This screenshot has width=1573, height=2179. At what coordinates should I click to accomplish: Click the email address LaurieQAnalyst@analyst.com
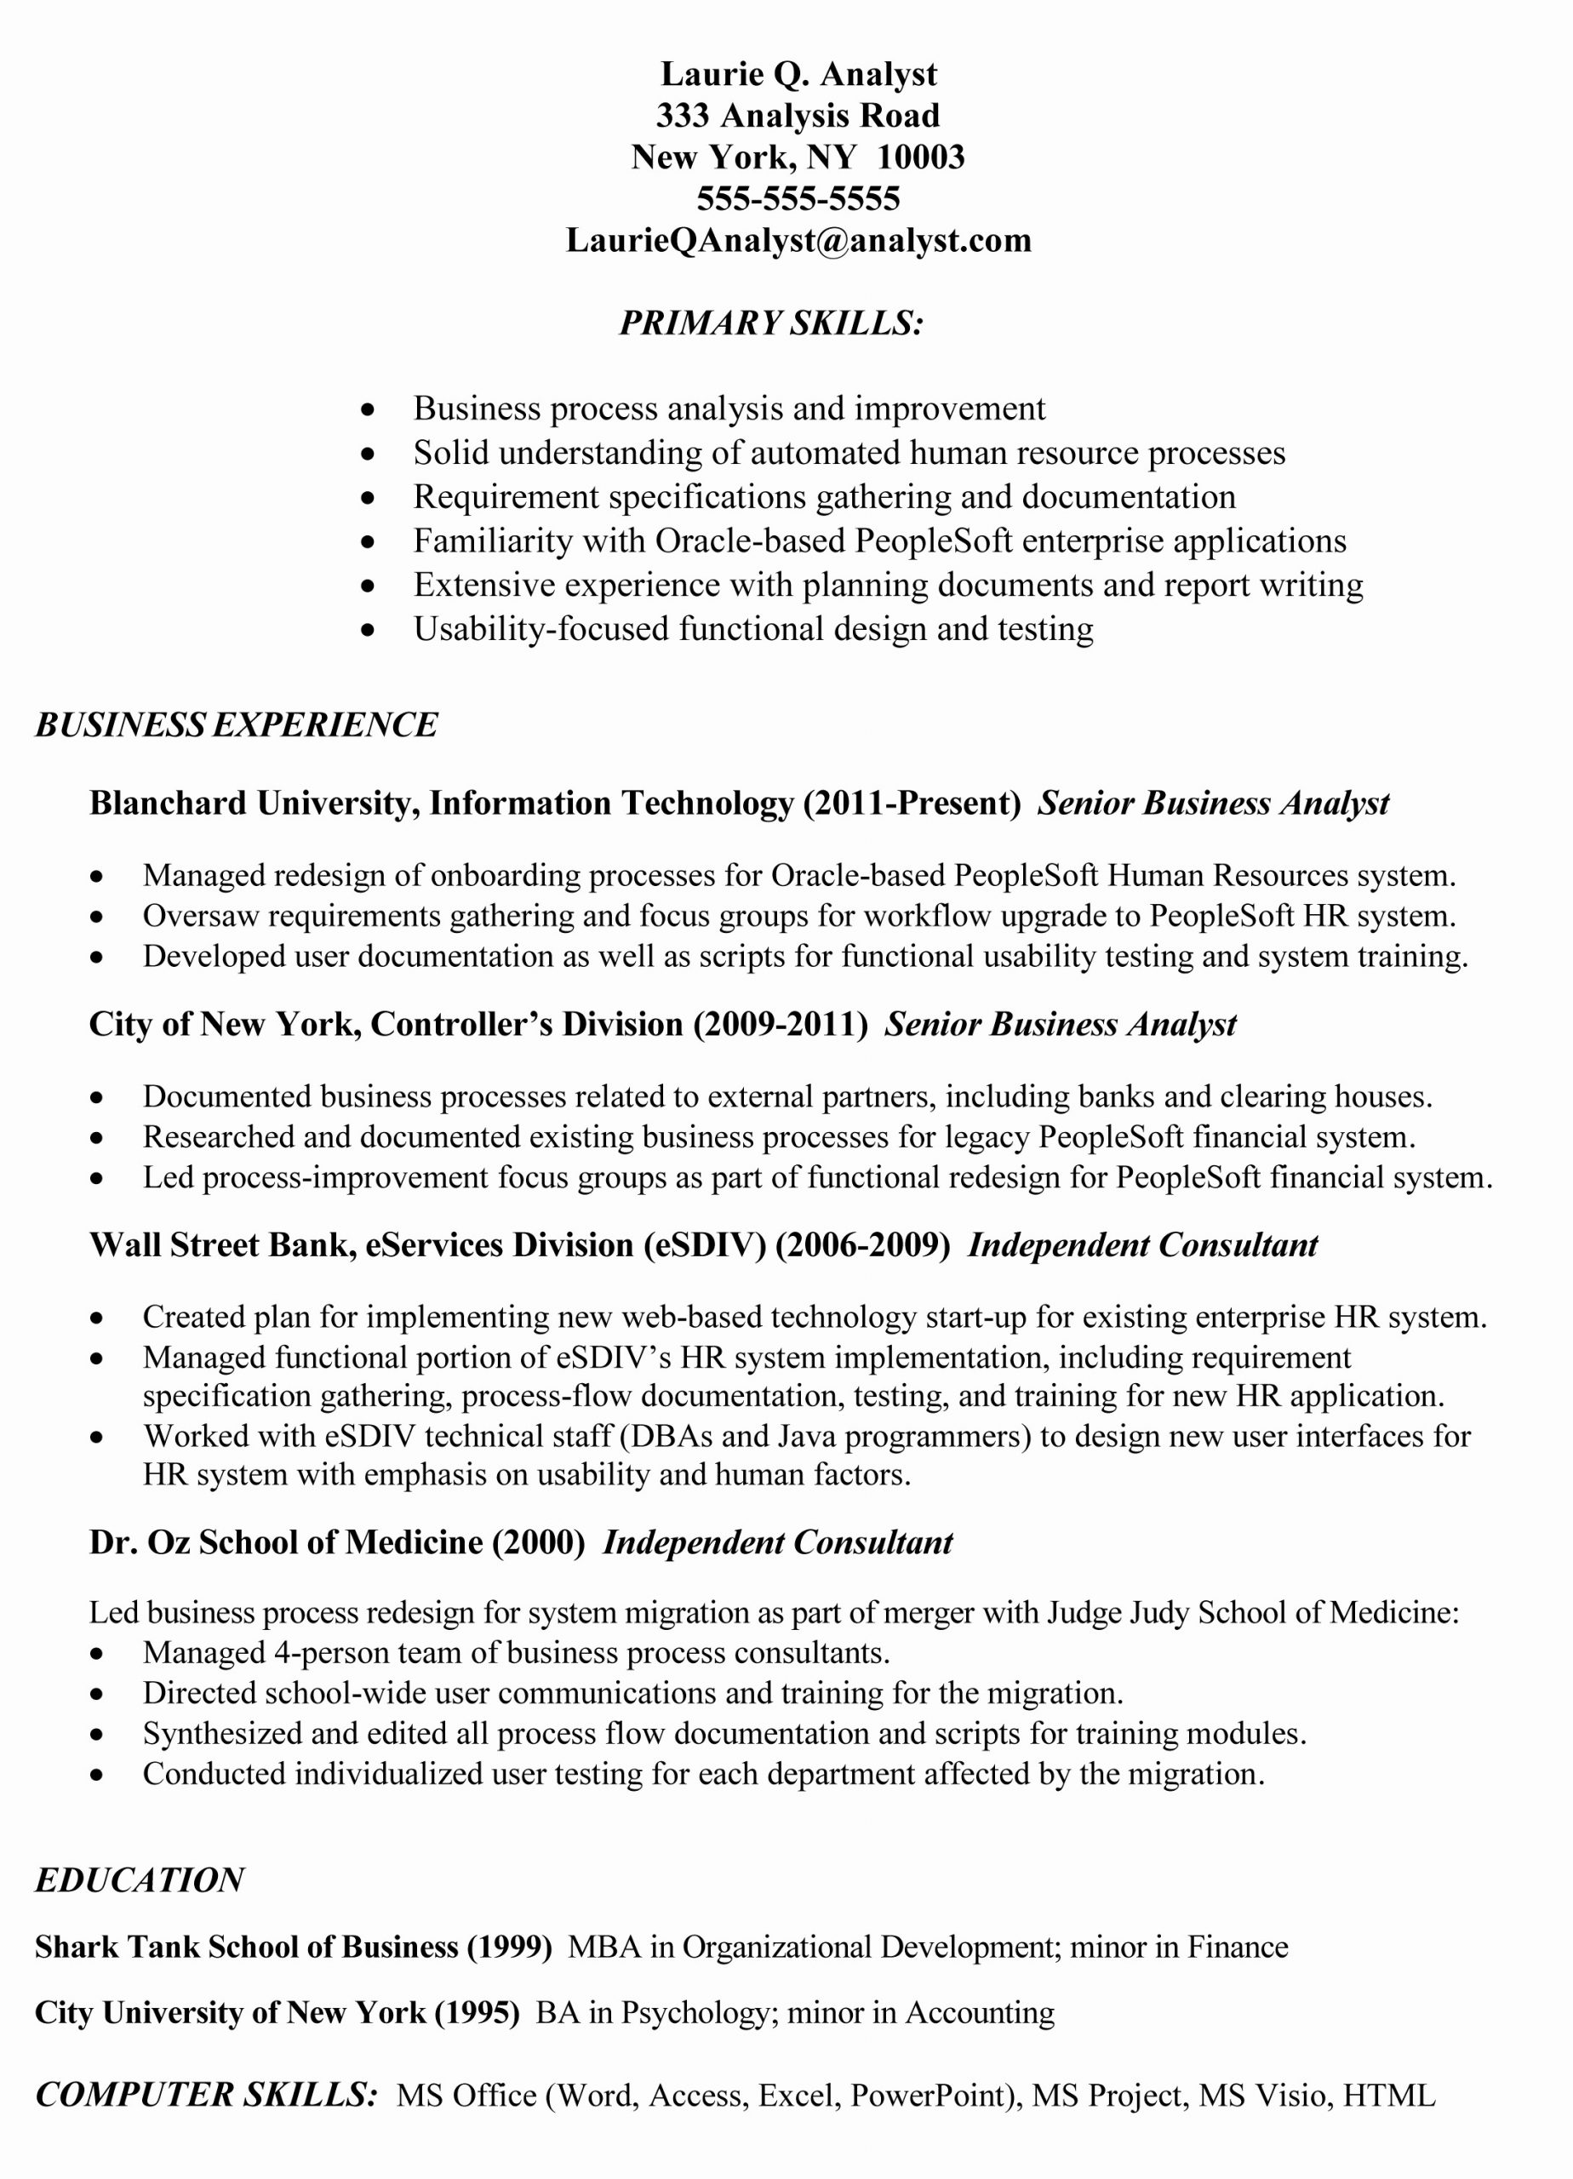pos(798,240)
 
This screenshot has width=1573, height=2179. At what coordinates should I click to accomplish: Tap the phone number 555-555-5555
pos(798,199)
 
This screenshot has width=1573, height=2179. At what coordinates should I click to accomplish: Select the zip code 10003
pos(919,157)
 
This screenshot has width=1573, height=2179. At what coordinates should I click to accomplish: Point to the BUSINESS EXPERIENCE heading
pos(237,724)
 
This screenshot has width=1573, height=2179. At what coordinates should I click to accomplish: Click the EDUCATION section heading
pos(140,1880)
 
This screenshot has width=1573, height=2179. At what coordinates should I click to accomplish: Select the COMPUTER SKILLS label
pos(207,2096)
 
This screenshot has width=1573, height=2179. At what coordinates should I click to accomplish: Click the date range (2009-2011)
pos(781,1024)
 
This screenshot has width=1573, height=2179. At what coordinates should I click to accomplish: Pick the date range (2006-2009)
pos(862,1245)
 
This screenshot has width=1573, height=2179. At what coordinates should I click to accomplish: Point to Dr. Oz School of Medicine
pos(285,1542)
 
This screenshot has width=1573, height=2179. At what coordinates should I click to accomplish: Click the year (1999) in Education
pos(509,1947)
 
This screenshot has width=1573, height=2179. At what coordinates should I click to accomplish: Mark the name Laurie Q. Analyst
pos(798,74)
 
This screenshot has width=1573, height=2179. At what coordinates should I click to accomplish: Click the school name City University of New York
pos(230,2013)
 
